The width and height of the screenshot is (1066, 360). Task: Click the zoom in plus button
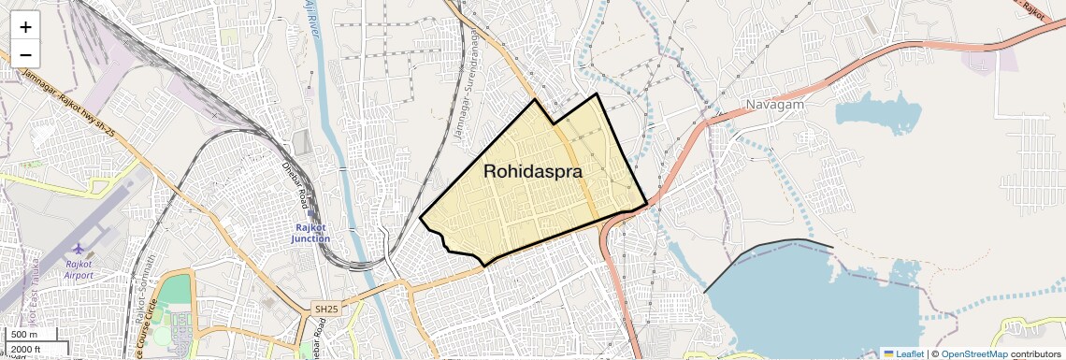(25, 27)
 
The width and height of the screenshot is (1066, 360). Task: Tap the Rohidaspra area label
(533, 172)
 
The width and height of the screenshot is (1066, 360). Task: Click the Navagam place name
(775, 104)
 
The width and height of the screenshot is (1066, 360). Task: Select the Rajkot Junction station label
(310, 232)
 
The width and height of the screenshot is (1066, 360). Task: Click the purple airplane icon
(79, 250)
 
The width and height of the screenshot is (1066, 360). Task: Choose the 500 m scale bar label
(25, 335)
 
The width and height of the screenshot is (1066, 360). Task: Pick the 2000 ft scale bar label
(26, 350)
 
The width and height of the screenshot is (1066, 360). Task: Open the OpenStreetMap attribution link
(974, 353)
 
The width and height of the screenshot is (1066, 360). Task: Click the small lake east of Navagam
(877, 112)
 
